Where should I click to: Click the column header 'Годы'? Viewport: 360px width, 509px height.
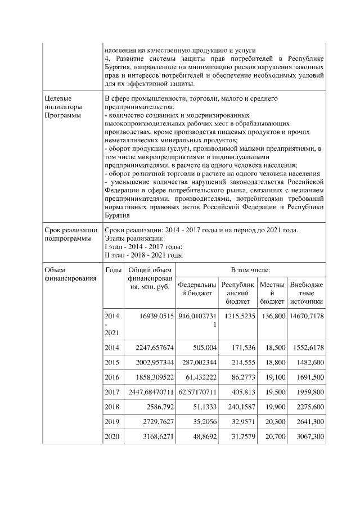tap(113, 270)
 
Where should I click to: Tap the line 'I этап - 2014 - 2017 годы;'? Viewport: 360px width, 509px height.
tap(145, 246)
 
